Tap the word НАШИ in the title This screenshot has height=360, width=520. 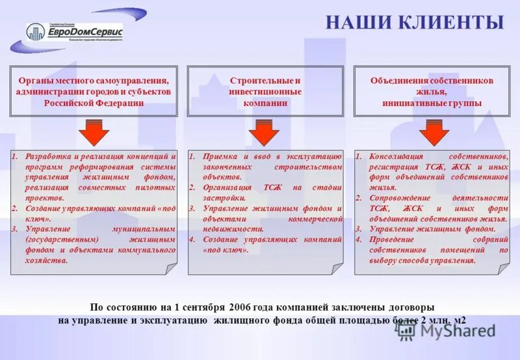(359, 23)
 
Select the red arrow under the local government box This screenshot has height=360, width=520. (94, 134)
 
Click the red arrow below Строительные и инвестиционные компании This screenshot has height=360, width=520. (264, 134)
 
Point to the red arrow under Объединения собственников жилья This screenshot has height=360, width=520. (434, 134)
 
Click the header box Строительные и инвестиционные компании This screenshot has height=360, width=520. (265, 91)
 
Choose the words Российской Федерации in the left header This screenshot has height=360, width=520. (94, 103)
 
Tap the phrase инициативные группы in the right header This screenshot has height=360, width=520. (432, 103)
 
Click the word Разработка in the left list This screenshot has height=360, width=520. (47, 157)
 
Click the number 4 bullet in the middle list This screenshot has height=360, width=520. (192, 239)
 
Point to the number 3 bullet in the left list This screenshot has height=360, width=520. (15, 229)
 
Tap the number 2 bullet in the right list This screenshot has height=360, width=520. (358, 198)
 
